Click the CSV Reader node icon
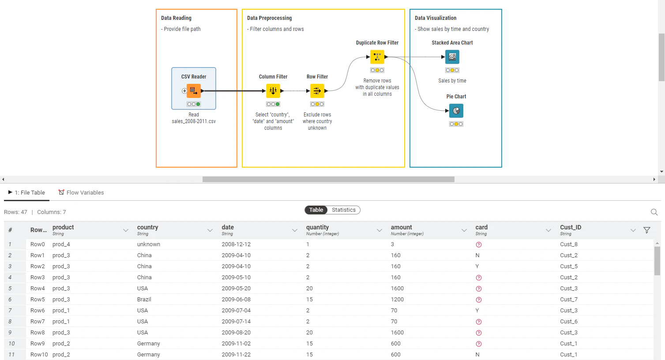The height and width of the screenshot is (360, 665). click(x=194, y=91)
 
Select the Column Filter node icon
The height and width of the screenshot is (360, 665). click(x=273, y=91)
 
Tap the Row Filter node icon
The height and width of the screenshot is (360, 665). click(x=317, y=91)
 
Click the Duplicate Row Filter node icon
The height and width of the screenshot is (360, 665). click(x=377, y=57)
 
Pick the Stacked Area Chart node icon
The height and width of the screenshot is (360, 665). click(x=452, y=57)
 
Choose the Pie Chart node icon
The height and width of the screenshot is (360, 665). click(x=456, y=111)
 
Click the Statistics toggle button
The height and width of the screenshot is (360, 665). click(x=343, y=210)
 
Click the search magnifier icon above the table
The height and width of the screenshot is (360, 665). click(x=654, y=212)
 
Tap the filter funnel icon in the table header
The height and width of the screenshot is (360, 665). click(x=647, y=230)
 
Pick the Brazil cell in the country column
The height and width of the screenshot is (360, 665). click(x=144, y=300)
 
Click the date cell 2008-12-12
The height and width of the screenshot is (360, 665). click(x=236, y=244)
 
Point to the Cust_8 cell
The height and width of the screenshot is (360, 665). click(x=569, y=244)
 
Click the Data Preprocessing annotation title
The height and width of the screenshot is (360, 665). click(x=269, y=18)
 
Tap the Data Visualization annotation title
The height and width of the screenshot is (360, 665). click(x=436, y=18)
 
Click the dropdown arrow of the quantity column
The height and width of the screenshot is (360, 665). click(x=379, y=230)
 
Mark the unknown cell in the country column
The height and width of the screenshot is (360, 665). click(x=149, y=244)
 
